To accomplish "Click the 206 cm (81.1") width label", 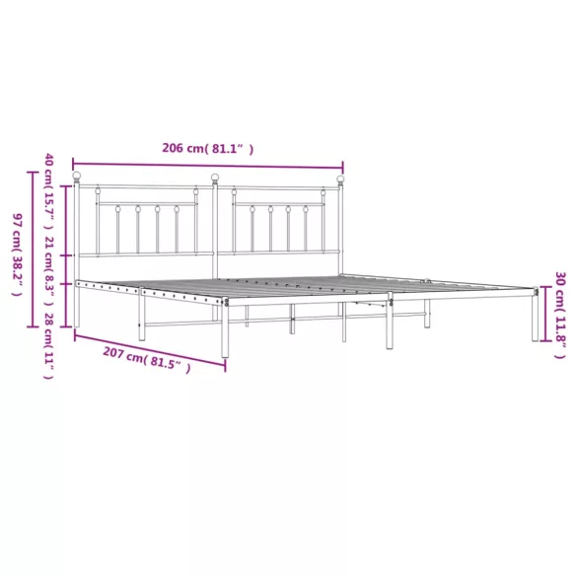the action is pyautogui.click(x=208, y=148).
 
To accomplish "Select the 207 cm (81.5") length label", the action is pyautogui.click(x=147, y=360).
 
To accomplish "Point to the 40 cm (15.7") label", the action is pyautogui.click(x=49, y=191).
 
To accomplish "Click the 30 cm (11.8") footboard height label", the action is pyautogui.click(x=560, y=316).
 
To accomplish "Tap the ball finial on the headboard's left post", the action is pyautogui.click(x=77, y=176).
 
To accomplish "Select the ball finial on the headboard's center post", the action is pyautogui.click(x=215, y=179).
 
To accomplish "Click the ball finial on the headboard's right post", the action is pyautogui.click(x=340, y=180).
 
